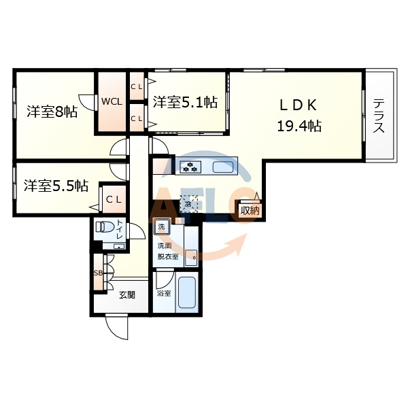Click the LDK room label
(297, 105)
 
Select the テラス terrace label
(379, 116)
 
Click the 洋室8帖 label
(52, 112)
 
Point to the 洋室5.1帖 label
(185, 103)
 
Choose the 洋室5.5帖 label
(56, 184)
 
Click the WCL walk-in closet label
(112, 102)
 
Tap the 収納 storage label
(250, 210)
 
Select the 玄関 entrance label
(127, 294)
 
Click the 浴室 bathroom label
(164, 294)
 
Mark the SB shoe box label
(97, 273)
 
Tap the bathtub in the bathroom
(186, 294)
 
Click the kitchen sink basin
(222, 167)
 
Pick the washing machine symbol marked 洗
(163, 226)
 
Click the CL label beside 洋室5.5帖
(113, 199)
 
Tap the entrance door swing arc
(117, 330)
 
